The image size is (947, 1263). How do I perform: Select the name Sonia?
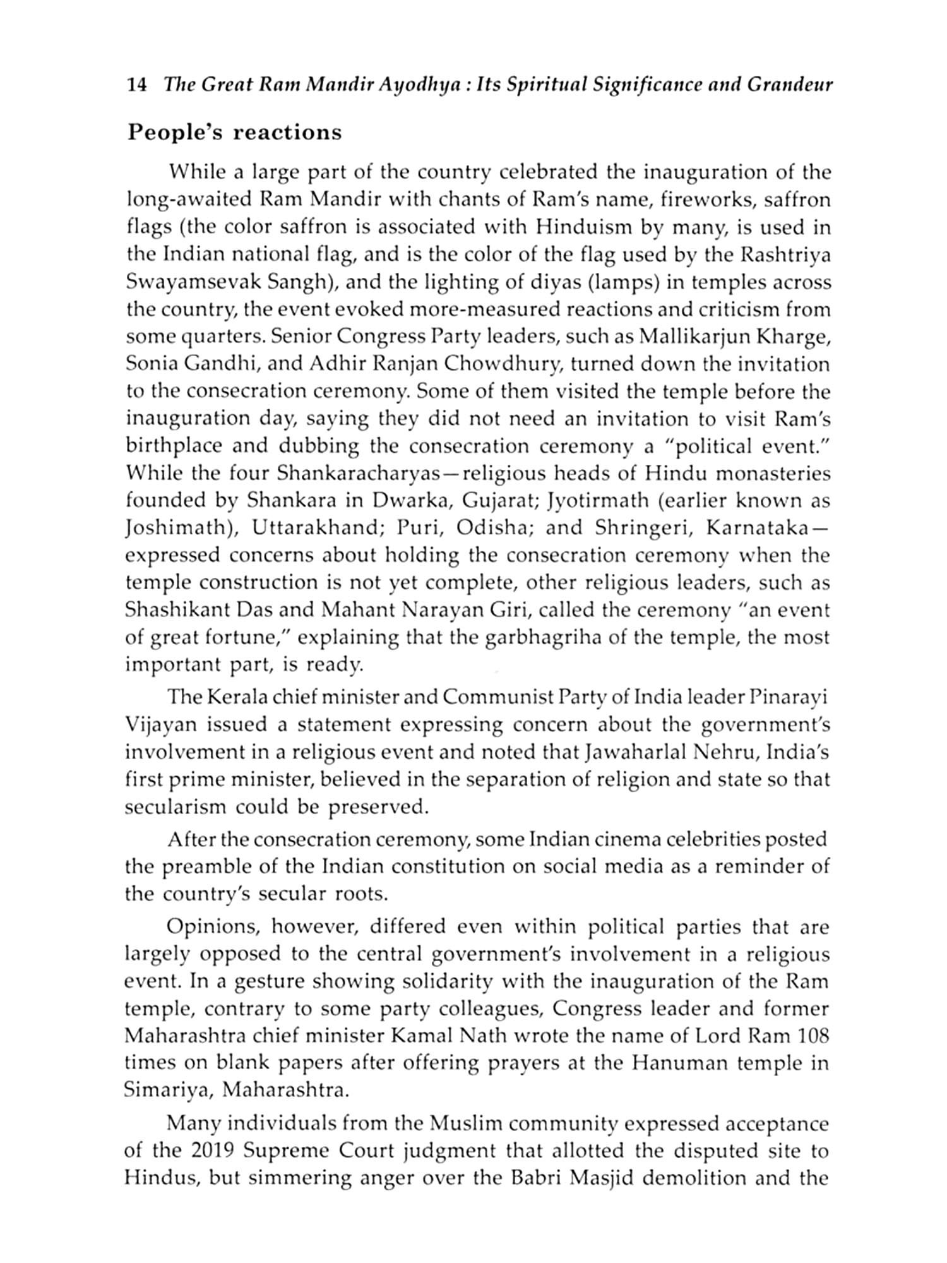pyautogui.click(x=150, y=365)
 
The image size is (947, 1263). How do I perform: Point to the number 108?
pyautogui.click(x=811, y=1036)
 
